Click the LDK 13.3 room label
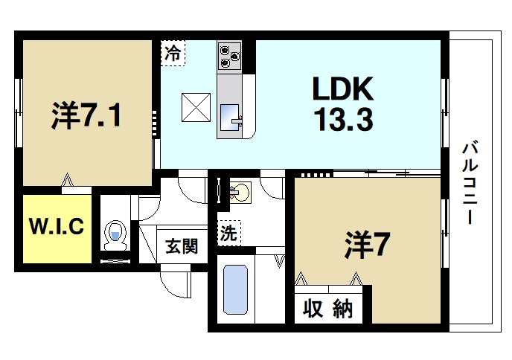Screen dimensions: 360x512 pos(342,103)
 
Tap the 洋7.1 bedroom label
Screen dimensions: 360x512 pos(86,115)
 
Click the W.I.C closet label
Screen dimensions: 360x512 pos(56,227)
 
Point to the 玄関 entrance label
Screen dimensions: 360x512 pos(181,246)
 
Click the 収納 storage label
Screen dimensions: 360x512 pos(327,309)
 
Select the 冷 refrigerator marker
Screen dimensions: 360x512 pos(172,54)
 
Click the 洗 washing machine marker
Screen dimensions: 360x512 pos(228,233)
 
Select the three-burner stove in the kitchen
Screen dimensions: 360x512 pos(228,54)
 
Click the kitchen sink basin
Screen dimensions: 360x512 pos(231,116)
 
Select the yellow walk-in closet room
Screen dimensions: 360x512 pos(56,228)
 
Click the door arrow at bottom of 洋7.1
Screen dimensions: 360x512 pos(69,181)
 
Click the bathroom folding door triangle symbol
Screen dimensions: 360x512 pos(280,260)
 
